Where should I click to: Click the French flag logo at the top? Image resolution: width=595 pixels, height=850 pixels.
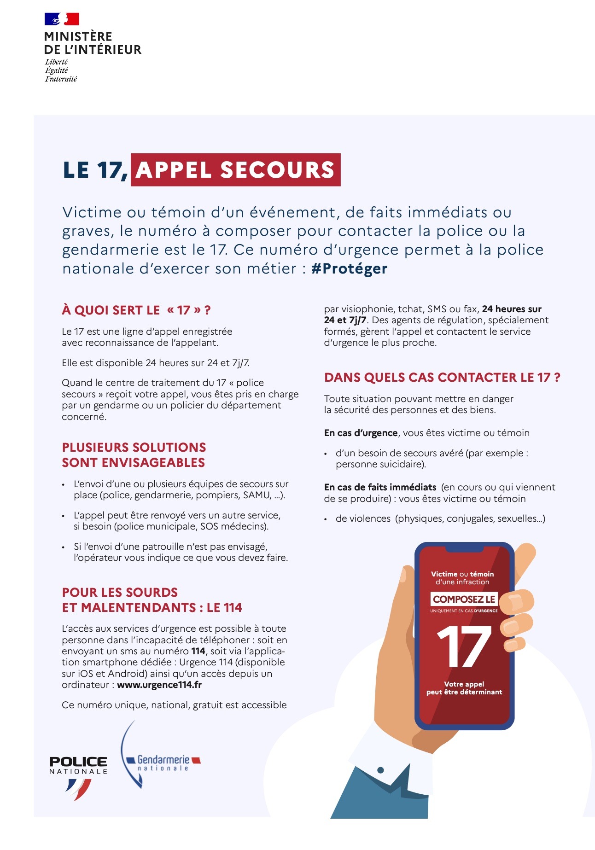coord(62,19)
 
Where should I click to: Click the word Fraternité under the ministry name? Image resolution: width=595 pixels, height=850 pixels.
coord(61,79)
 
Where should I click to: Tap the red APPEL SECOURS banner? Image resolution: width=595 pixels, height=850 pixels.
coord(235,169)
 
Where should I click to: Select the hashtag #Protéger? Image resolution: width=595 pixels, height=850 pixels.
coord(349,268)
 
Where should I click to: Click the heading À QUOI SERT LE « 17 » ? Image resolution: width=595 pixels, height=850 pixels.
coord(136,310)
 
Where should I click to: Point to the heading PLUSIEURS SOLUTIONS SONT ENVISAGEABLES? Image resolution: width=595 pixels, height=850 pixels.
coord(134,455)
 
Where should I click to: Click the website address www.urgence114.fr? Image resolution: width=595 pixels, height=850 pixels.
coord(159,685)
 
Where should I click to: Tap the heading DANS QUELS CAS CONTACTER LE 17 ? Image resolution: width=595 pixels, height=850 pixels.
coord(442,378)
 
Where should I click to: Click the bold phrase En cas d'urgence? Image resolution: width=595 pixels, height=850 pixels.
coord(361,433)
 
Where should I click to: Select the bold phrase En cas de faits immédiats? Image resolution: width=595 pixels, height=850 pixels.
coord(380,487)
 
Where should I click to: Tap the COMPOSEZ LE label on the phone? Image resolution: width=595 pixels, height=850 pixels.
coord(464,599)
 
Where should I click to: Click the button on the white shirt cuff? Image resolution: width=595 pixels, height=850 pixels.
coord(380,770)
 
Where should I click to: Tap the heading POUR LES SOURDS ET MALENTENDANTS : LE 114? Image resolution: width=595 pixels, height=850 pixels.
coord(152,600)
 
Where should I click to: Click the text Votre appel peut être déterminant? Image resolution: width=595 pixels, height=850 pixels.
coord(464,688)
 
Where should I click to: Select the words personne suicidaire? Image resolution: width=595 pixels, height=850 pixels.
coord(380,464)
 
